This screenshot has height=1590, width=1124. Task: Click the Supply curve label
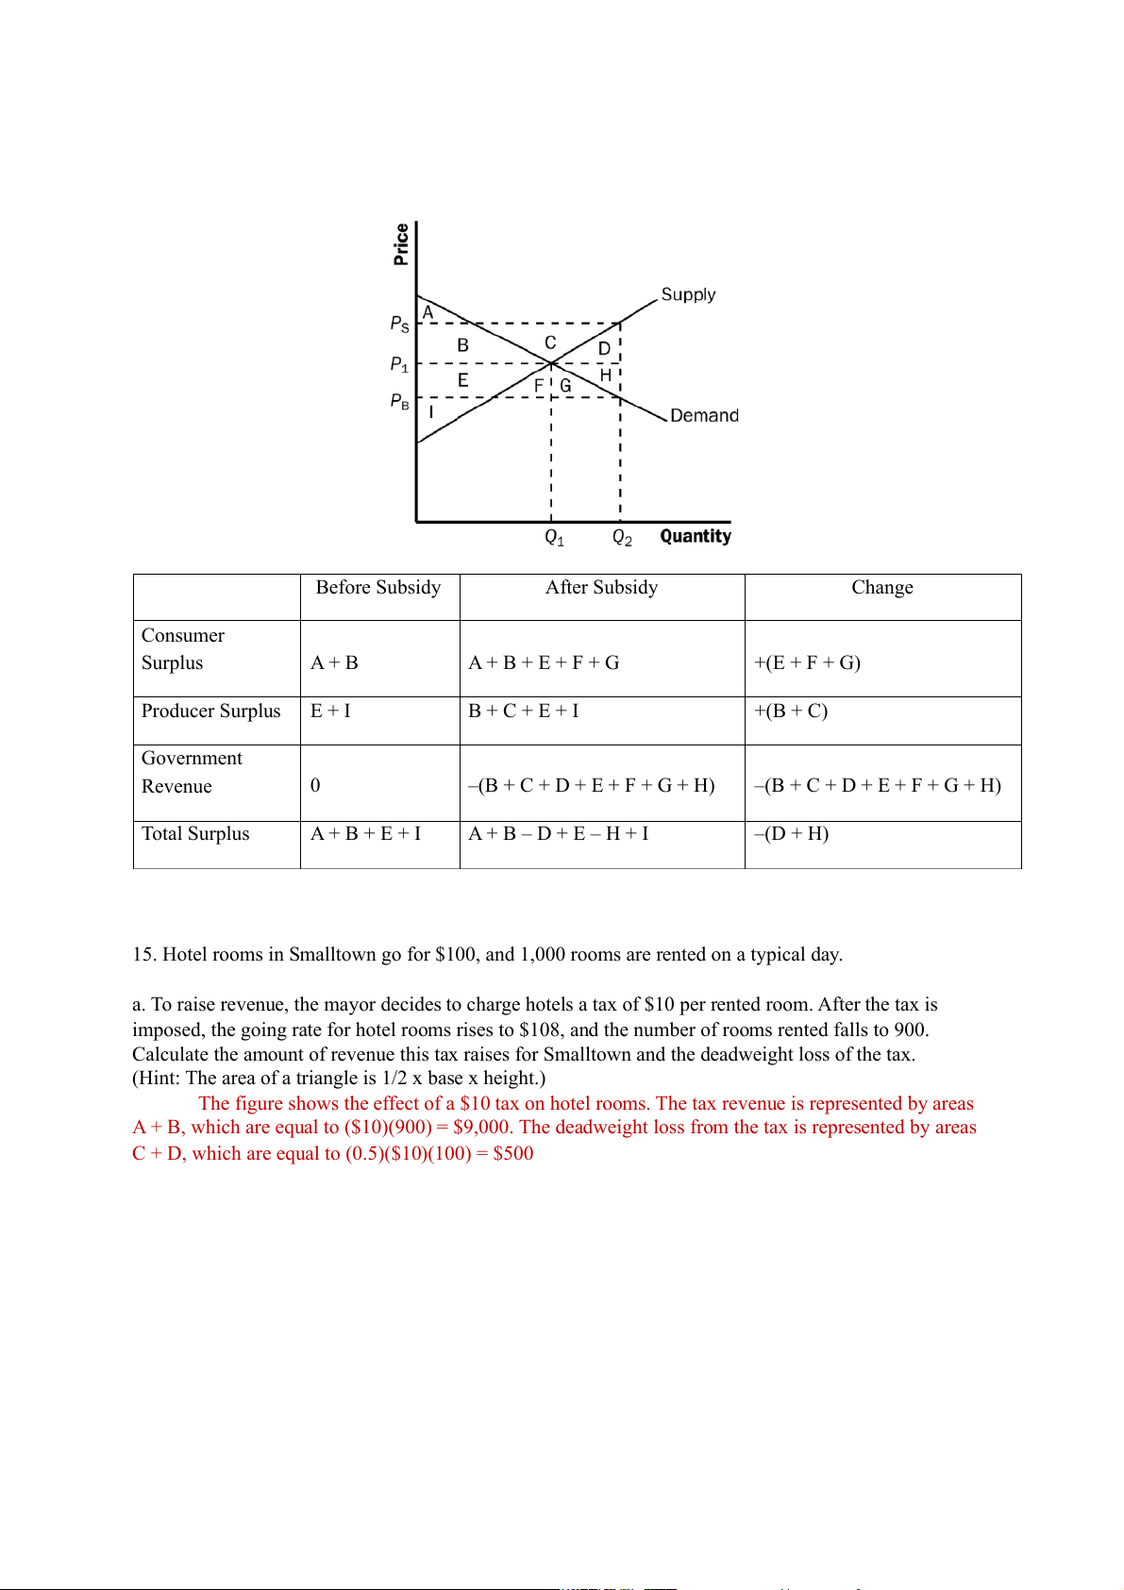tap(688, 294)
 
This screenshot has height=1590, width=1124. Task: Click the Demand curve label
tap(704, 415)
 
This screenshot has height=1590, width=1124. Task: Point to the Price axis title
tap(401, 244)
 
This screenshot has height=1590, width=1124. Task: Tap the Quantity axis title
tap(696, 536)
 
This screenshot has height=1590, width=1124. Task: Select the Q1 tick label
tap(554, 538)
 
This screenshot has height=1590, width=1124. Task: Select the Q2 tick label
tap(622, 538)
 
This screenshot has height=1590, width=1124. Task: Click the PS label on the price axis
tap(400, 324)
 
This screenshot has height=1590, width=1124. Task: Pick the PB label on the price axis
tap(400, 401)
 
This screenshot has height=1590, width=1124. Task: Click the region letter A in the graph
tap(428, 312)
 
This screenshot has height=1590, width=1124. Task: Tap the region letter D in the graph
tap(604, 348)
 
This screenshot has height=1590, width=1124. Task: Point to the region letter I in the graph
tap(431, 412)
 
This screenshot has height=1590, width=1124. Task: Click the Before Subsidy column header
tap(378, 587)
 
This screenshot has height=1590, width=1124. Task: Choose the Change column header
tap(882, 587)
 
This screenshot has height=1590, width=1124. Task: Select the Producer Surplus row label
tap(211, 711)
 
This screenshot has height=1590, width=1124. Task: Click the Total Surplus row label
tap(195, 833)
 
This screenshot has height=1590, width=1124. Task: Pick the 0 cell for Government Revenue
tap(315, 785)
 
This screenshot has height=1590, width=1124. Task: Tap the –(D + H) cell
tap(791, 833)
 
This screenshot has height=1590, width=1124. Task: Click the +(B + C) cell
tap(791, 711)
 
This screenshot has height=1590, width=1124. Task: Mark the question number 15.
tap(143, 954)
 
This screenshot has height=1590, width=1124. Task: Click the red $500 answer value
tap(513, 1153)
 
